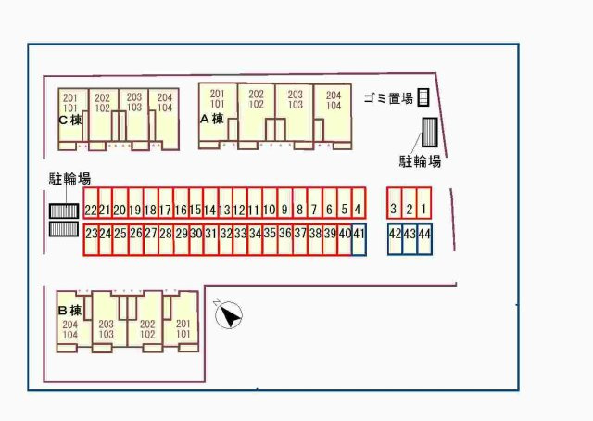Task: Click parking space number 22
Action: (x=91, y=210)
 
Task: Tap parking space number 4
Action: (x=359, y=210)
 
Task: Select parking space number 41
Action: (x=359, y=235)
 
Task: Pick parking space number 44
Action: (x=423, y=235)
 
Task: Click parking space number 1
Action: (x=423, y=210)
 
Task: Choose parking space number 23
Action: (x=91, y=235)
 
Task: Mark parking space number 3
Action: (x=394, y=210)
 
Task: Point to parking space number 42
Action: (x=394, y=235)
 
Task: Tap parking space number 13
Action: (x=225, y=210)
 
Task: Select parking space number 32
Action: (x=225, y=235)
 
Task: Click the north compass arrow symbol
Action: (x=228, y=315)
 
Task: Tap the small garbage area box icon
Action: (x=423, y=97)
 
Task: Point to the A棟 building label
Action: (x=212, y=118)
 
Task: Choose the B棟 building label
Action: (x=70, y=310)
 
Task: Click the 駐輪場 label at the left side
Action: (x=69, y=178)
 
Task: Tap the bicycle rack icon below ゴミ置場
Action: (x=430, y=134)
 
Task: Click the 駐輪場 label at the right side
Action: (x=420, y=161)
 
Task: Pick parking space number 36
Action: (x=284, y=235)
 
